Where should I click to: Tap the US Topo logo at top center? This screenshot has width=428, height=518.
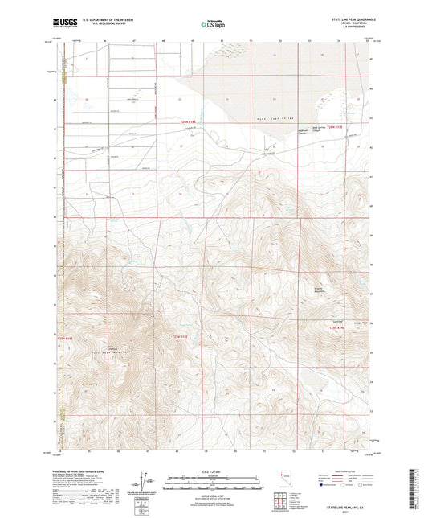point(213,24)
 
